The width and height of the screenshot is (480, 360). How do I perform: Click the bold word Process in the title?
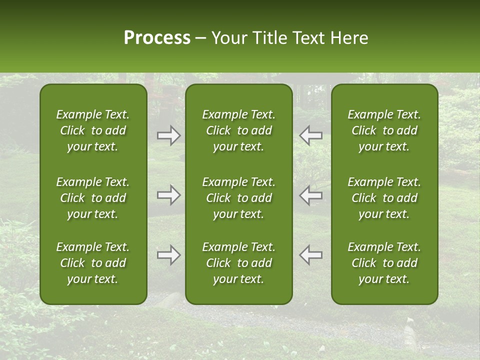[x=157, y=38]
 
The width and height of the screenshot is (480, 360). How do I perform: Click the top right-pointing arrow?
[x=169, y=136]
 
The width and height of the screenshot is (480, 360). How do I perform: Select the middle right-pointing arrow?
[x=169, y=195]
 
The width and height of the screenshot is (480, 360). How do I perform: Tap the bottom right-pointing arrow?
[x=169, y=255]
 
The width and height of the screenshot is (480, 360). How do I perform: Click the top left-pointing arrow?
[x=310, y=136]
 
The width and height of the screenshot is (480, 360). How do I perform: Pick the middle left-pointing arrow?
[x=310, y=195]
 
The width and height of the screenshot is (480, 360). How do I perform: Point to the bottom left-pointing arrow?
[x=310, y=255]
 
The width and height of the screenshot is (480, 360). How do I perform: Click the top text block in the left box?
[x=93, y=130]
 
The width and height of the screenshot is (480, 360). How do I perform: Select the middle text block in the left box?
[x=93, y=198]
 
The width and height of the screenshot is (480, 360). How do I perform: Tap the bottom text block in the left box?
[x=93, y=263]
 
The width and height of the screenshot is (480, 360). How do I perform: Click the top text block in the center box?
[x=238, y=130]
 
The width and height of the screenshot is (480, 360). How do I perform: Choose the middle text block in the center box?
[x=238, y=198]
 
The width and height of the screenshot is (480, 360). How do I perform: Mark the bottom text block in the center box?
[x=238, y=263]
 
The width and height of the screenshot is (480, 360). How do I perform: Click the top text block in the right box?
[x=384, y=130]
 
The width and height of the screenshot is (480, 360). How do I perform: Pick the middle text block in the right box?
[x=384, y=198]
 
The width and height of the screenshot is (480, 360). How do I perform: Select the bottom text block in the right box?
[x=384, y=263]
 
